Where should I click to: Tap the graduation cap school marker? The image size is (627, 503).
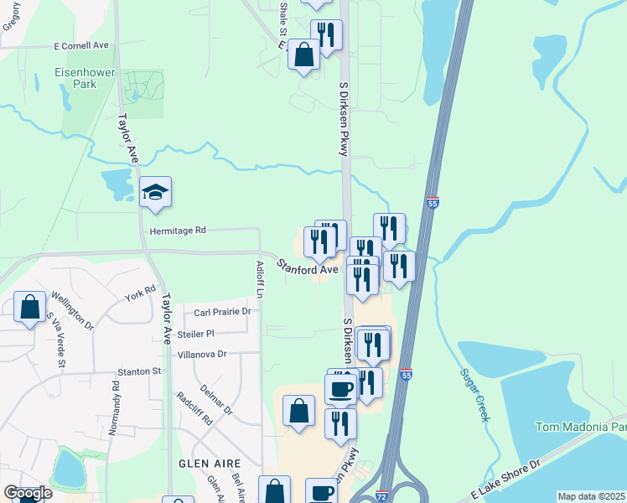click(x=156, y=194)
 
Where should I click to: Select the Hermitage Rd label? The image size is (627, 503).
click(x=177, y=230)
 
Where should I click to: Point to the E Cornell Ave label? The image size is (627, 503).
click(x=80, y=45)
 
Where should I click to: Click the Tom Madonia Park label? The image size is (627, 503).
click(x=581, y=428)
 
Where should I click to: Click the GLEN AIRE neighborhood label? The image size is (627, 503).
click(x=210, y=463)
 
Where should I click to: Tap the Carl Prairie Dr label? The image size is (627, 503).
click(x=222, y=312)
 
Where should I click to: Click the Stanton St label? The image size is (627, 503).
click(x=139, y=371)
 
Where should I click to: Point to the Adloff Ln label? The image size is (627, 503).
click(x=260, y=280)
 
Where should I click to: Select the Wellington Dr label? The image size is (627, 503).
click(x=73, y=309)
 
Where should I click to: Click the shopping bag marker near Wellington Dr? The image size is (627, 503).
click(x=30, y=308)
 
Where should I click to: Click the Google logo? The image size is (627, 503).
click(x=27, y=493)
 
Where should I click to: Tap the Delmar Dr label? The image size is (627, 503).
click(x=216, y=399)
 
